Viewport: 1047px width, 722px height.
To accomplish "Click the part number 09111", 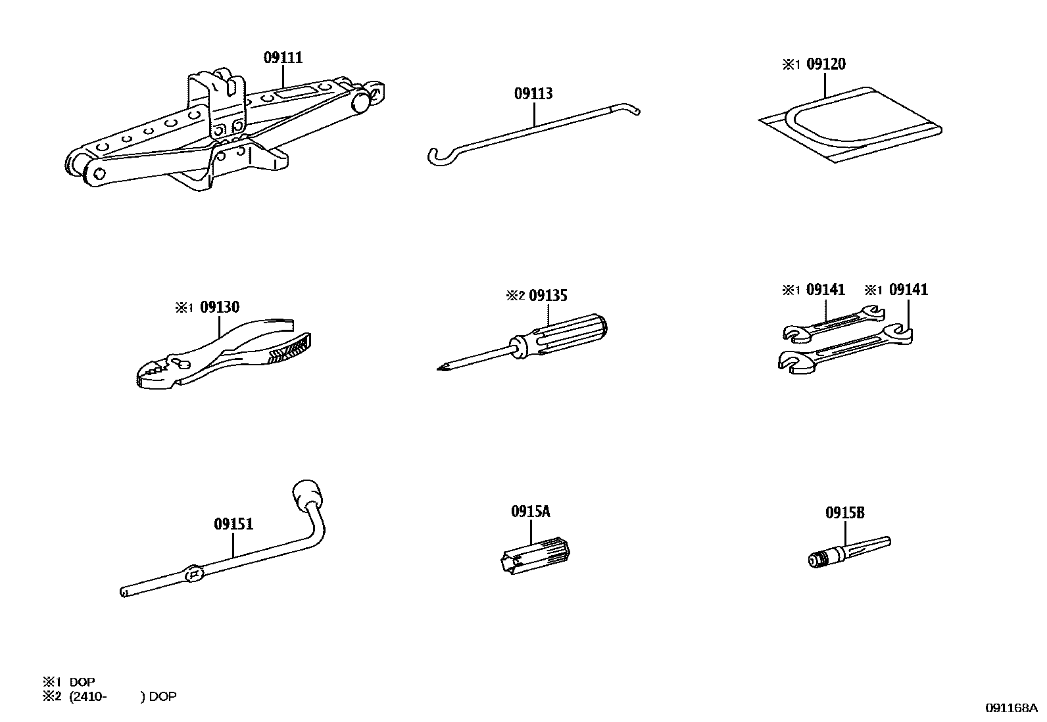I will pyautogui.click(x=283, y=58).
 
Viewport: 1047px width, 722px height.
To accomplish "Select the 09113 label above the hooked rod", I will pyautogui.click(x=533, y=94).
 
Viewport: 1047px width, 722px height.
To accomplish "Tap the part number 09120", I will pyautogui.click(x=826, y=64).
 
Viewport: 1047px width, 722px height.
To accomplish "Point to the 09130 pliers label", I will pyautogui.click(x=220, y=307).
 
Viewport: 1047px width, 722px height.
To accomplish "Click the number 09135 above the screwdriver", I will pyautogui.click(x=548, y=296).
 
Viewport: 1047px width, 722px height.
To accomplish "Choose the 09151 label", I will pyautogui.click(x=233, y=524).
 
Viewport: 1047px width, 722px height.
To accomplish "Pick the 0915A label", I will pyautogui.click(x=530, y=511).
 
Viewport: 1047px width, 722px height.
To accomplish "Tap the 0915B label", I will pyautogui.click(x=845, y=513).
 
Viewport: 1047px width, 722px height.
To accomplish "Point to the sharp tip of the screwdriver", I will pyautogui.click(x=439, y=369).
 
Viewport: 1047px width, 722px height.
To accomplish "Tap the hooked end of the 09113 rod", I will pyautogui.click(x=434, y=156).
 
